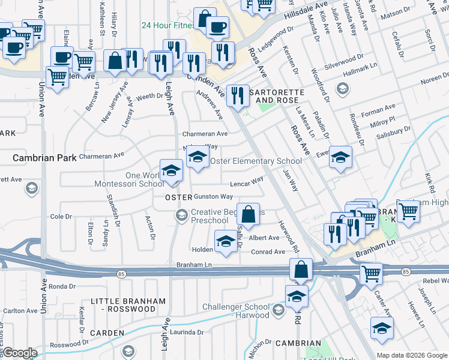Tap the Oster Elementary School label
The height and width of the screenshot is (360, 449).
tap(256, 161)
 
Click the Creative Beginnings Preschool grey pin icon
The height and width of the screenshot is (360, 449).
tap(181, 214)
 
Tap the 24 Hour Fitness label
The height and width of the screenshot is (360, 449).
tap(167, 26)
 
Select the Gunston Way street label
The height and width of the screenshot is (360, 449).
tap(212, 197)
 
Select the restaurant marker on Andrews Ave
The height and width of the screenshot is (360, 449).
tap(238, 95)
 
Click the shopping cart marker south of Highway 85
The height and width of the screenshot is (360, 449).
tap(371, 273)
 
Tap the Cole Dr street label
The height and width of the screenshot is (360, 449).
tap(61, 217)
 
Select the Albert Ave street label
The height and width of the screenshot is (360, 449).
tap(264, 238)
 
